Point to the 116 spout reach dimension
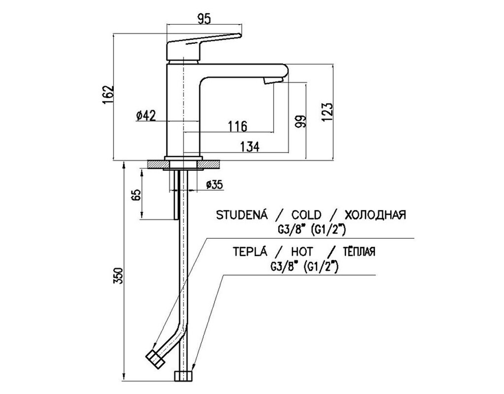[x=237, y=126]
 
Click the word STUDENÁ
[x=240, y=215]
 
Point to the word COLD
[x=306, y=215]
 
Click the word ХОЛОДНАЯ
[x=375, y=215]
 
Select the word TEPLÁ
[x=250, y=252]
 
